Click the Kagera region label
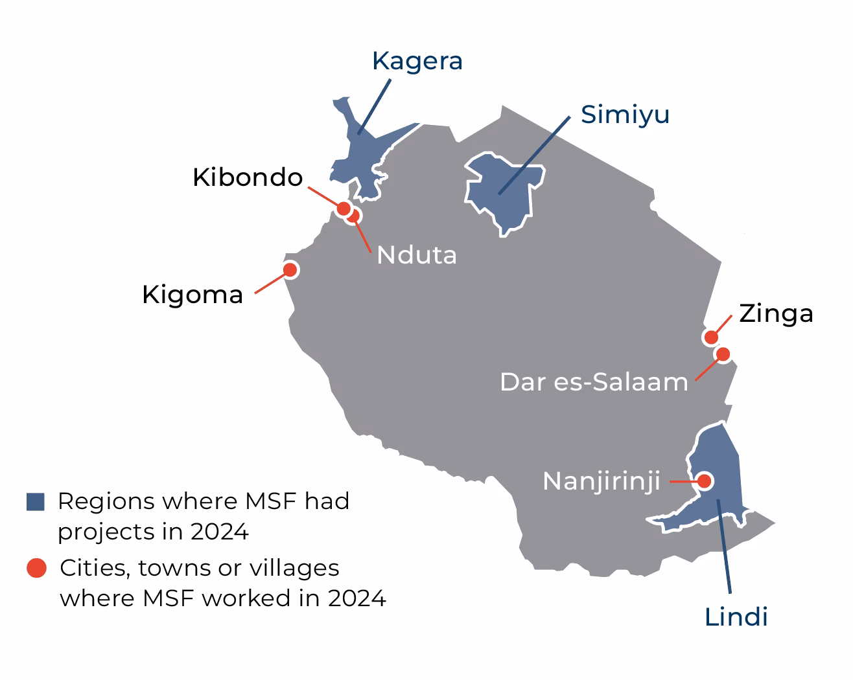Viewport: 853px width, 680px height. click(417, 61)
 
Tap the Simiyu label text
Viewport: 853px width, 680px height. click(625, 115)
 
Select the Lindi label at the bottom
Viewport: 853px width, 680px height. click(736, 617)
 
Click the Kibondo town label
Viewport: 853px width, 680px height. click(248, 177)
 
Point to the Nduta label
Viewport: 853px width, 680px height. click(417, 255)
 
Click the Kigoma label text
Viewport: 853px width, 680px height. click(193, 295)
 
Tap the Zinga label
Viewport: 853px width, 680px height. click(776, 313)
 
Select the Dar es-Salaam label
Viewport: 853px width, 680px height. click(594, 382)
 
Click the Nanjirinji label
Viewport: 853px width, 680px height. click(602, 481)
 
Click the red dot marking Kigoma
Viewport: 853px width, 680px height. click(290, 269)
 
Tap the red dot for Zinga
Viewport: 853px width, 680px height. click(711, 337)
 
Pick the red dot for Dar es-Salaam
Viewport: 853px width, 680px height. click(723, 354)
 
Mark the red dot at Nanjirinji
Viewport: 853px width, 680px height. click(704, 481)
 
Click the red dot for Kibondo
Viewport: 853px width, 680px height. click(344, 208)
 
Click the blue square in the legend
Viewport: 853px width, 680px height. click(36, 501)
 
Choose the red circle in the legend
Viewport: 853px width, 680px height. click(36, 568)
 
